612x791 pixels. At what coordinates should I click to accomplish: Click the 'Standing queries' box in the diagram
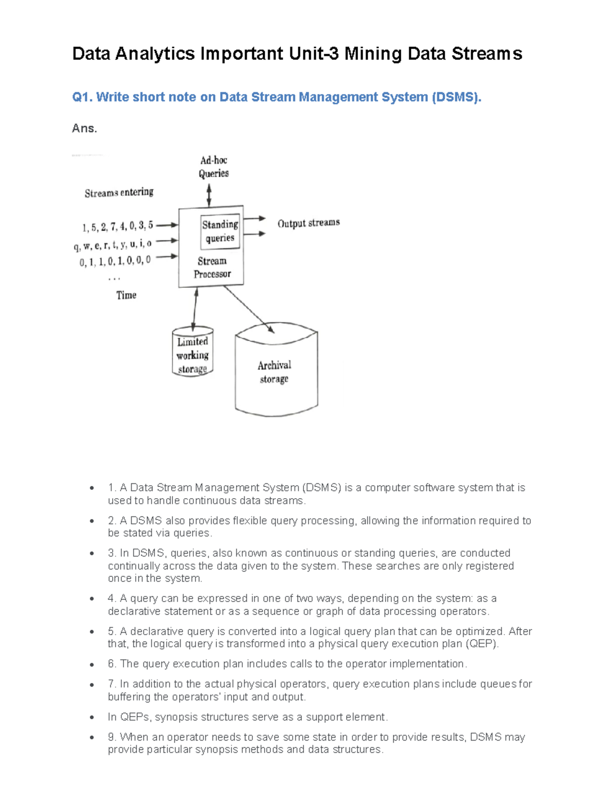point(220,232)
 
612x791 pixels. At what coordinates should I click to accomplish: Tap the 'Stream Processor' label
point(212,267)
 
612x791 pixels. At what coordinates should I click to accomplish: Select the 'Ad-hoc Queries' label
point(214,167)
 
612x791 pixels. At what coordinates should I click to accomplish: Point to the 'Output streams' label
point(309,223)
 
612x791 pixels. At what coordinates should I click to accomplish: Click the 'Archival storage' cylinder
point(276,372)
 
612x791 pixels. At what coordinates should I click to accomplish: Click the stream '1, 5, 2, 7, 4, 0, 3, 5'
point(118,227)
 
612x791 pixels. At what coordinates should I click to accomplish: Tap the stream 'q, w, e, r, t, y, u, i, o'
point(113,245)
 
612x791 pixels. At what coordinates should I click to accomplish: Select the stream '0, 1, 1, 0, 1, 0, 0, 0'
point(115,261)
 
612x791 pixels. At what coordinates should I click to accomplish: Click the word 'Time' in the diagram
point(126,295)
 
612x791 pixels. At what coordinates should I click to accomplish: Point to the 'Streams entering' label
point(119,193)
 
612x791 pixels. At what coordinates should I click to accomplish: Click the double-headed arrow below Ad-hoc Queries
point(209,195)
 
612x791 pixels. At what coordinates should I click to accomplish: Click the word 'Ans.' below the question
point(84,128)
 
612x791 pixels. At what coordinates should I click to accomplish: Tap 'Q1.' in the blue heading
point(82,97)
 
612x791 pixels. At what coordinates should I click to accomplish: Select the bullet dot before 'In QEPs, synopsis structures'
point(92,717)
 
